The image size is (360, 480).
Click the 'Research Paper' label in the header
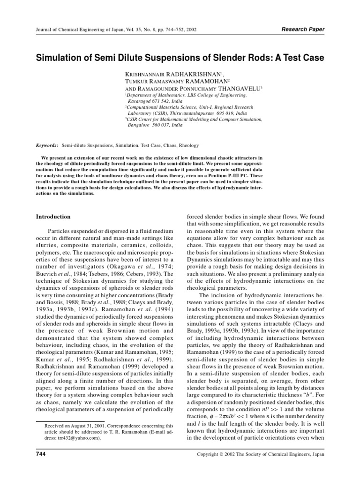pyautogui.click(x=303, y=29)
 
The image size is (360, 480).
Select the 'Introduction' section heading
pyautogui.click(x=53, y=217)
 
